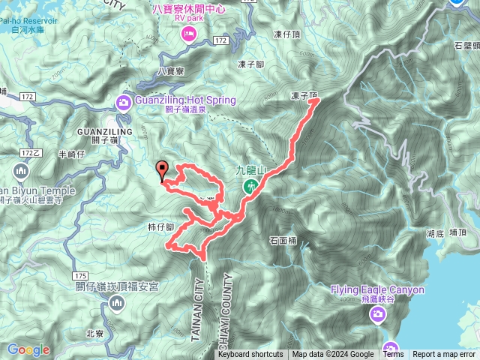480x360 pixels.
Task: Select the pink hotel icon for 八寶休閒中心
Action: click(187, 32)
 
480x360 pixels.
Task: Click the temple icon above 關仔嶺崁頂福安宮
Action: click(115, 302)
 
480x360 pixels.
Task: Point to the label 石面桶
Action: click(283, 241)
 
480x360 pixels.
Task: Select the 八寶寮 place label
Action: click(172, 71)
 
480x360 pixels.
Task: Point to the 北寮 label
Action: click(95, 334)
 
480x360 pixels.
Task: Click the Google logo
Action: click(28, 349)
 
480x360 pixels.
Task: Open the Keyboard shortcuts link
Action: click(250, 355)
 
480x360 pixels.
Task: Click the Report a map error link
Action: click(444, 355)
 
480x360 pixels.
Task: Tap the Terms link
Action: click(393, 355)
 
